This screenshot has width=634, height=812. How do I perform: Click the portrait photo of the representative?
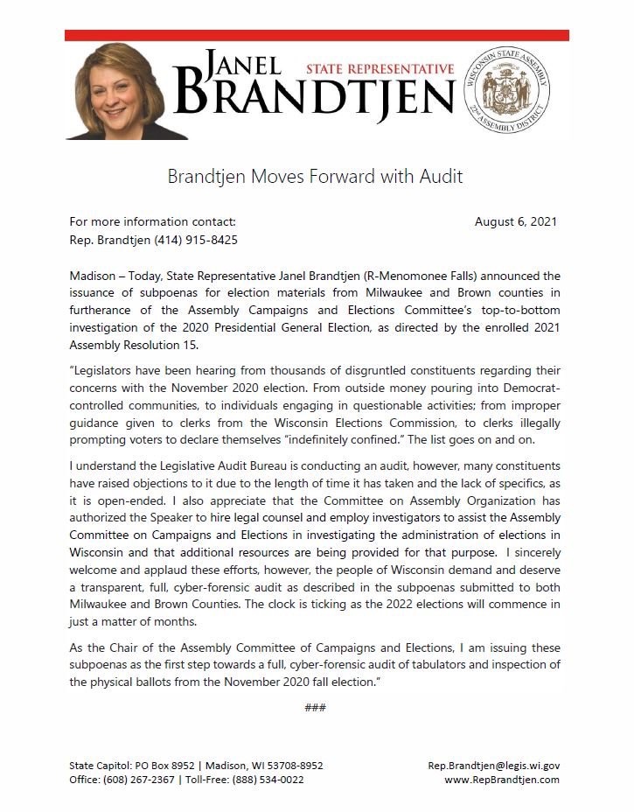pos(115,91)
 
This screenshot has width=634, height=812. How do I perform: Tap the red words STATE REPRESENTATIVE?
pos(380,69)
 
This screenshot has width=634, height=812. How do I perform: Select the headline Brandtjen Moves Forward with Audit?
pos(316,177)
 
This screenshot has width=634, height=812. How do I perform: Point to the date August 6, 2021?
pos(515,222)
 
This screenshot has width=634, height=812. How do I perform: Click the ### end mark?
pos(315,707)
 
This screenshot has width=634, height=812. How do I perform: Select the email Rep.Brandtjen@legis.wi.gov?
pos(493,766)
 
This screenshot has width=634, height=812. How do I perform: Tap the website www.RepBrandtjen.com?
pos(501,780)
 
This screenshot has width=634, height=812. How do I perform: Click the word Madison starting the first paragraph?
pos(92,276)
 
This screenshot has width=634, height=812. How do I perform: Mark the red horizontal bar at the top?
pos(317,35)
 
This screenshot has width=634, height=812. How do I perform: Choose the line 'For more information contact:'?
pos(152,222)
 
